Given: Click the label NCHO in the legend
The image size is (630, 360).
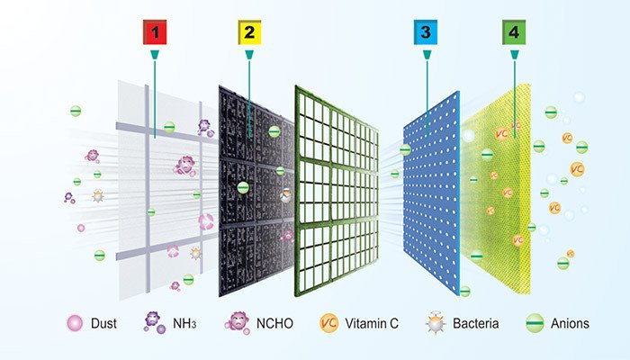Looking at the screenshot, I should [x=276, y=323].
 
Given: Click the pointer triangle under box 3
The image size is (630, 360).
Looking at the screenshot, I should [x=423, y=57].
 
